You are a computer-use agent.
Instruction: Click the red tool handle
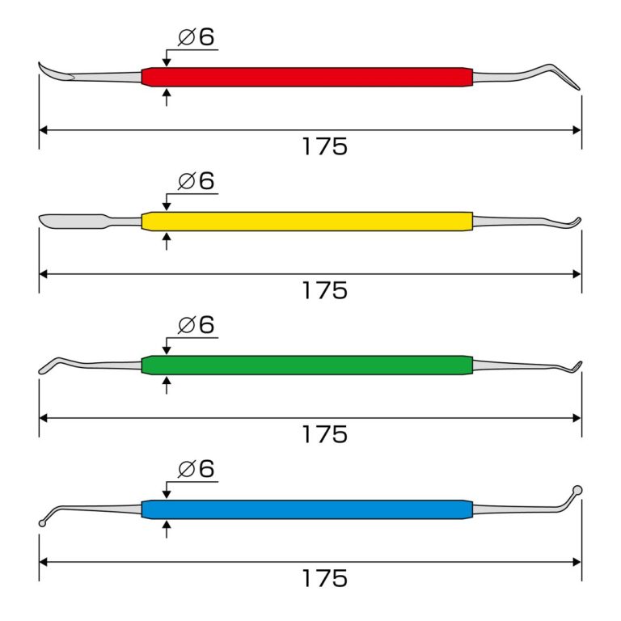pos(307,77)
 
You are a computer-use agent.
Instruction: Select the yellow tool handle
pos(307,221)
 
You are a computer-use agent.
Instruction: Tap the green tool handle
pos(307,365)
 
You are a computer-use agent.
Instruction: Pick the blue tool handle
pos(307,509)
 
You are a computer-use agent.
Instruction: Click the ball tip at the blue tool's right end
pos(577,490)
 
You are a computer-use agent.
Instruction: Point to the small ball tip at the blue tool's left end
pos(42,523)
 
